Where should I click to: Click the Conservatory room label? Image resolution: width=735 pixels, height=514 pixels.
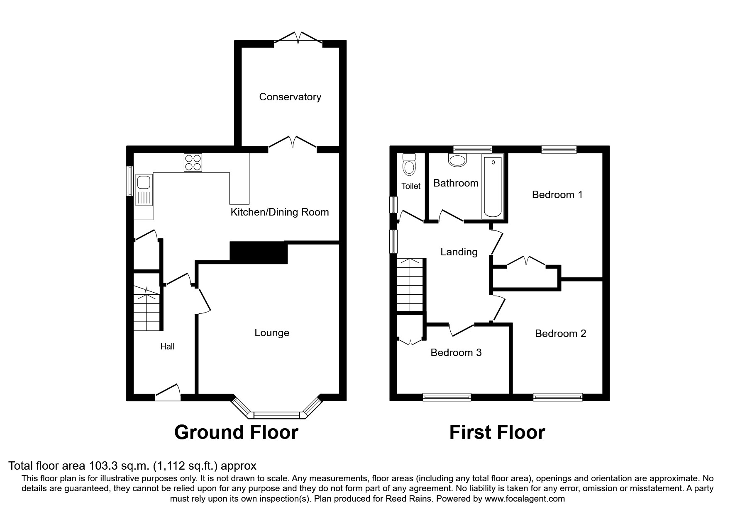point(290,97)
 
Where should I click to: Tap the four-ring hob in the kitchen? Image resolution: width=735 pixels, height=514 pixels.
point(193,162)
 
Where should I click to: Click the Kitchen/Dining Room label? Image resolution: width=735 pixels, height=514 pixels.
point(279,212)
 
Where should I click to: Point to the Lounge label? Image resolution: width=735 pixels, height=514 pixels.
point(272,333)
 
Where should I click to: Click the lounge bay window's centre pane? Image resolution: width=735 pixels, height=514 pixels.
point(276,415)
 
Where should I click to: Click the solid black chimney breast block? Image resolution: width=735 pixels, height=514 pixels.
point(258,252)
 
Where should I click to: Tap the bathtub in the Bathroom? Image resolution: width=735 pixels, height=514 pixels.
point(493,187)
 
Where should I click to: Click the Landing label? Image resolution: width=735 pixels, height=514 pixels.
point(459,252)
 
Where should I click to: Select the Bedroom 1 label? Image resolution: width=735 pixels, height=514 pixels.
point(557,194)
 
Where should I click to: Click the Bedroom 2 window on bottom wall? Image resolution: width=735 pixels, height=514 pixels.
point(557,397)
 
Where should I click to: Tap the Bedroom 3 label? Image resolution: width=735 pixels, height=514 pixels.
point(456,353)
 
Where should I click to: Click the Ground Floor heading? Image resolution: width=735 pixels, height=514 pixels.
point(236,432)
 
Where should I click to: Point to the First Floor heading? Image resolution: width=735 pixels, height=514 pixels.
point(497,432)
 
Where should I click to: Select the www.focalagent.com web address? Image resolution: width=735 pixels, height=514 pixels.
point(525,499)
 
